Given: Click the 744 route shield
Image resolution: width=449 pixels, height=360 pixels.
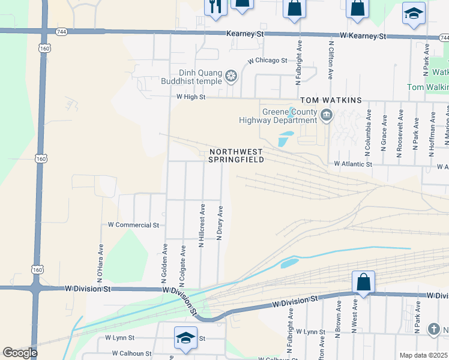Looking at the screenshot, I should coord(62,31).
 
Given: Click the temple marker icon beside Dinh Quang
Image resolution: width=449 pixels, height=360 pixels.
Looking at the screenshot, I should coord(231,76).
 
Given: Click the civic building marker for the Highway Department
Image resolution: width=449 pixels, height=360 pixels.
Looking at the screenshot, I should coord(326,115).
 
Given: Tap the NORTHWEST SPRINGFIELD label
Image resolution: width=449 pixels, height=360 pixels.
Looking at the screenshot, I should coord(236,155).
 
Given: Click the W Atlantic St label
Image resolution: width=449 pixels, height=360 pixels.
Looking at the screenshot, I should coord(353,164).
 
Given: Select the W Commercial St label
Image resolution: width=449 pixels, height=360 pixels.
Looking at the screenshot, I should coord(133,225).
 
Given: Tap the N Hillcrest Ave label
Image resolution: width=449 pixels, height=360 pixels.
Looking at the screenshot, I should coord(202,225).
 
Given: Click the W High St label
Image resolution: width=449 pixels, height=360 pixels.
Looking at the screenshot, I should coord(191,97).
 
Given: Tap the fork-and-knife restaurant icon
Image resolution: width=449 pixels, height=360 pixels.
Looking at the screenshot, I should coord(214,6).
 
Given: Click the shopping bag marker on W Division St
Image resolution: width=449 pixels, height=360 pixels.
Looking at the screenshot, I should coord(364,281).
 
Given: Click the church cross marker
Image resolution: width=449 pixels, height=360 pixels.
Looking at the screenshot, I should coord(433,329).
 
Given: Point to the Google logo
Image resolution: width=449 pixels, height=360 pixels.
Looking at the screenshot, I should coord(20,353).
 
